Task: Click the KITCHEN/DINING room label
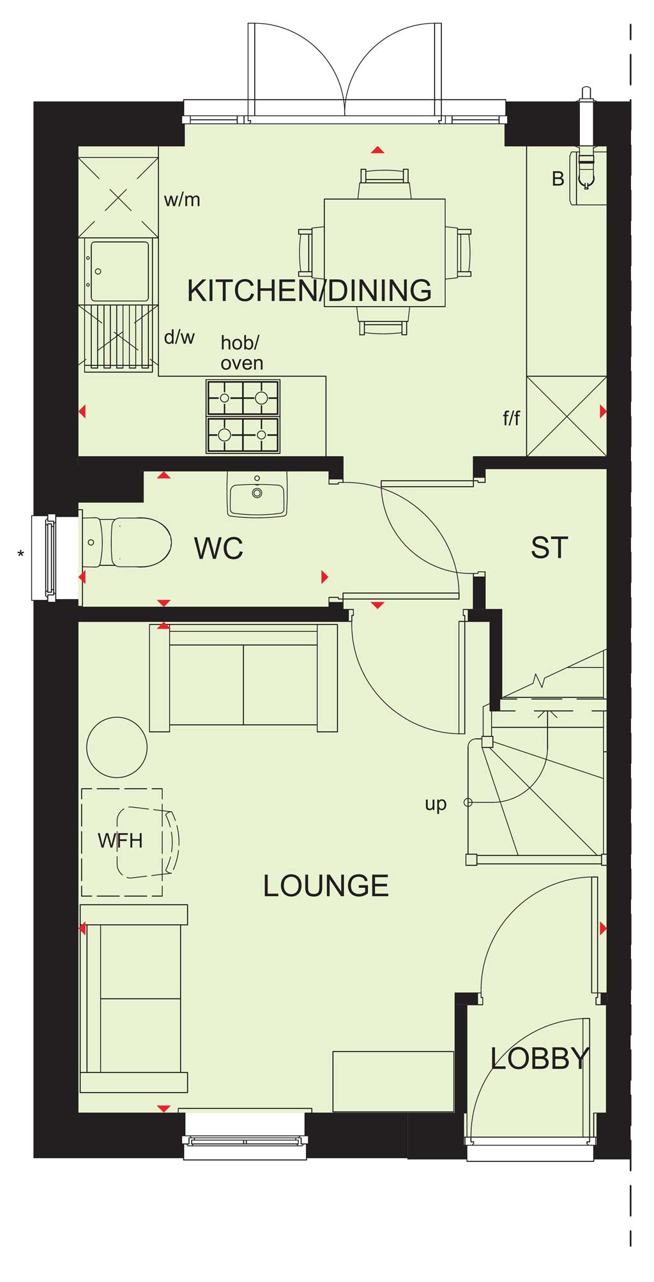pyautogui.click(x=310, y=291)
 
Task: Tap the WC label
pyautogui.click(x=218, y=548)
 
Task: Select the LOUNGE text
pyautogui.click(x=326, y=886)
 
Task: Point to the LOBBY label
pyautogui.click(x=540, y=1058)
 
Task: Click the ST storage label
pyautogui.click(x=549, y=548)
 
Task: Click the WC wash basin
pyautogui.click(x=257, y=494)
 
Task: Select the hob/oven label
pyautogui.click(x=241, y=353)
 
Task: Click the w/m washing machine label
pyautogui.click(x=182, y=200)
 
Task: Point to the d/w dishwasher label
pyautogui.click(x=179, y=337)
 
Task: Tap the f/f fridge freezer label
pyautogui.click(x=512, y=418)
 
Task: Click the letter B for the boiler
pyautogui.click(x=558, y=179)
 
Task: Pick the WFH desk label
pyautogui.click(x=120, y=841)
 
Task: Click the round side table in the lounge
pyautogui.click(x=117, y=747)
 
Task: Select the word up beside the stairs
pyautogui.click(x=436, y=804)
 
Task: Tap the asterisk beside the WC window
pyautogui.click(x=21, y=554)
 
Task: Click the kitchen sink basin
pyautogui.click(x=120, y=271)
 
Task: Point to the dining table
pyautogui.click(x=384, y=252)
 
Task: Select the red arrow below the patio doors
pyautogui.click(x=378, y=150)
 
